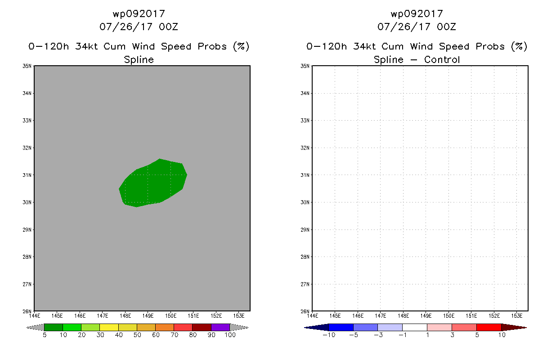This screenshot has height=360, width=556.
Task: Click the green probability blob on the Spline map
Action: coord(153,183)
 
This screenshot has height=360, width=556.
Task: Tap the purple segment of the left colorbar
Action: coord(220,327)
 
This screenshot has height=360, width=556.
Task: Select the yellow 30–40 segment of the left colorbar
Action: coord(109,327)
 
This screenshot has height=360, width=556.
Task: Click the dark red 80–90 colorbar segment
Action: coord(202,327)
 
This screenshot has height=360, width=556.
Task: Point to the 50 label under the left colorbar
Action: coord(137,335)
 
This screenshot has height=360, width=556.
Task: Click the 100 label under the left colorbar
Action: coord(230,335)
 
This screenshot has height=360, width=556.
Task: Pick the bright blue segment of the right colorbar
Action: coord(341,327)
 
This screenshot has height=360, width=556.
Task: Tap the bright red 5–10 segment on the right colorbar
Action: coord(489,327)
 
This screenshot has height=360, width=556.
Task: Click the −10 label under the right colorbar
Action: coord(329,335)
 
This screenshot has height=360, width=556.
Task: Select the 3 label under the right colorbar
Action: coord(452,335)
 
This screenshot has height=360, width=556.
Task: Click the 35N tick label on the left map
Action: coord(27,66)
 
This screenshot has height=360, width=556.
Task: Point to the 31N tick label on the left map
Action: coord(27,175)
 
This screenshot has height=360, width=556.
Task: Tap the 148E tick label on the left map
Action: coord(125,316)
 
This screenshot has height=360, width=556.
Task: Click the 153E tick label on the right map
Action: coord(517,316)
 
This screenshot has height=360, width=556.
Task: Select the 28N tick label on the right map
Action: coord(305,256)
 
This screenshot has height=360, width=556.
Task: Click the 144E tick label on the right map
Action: coord(312,316)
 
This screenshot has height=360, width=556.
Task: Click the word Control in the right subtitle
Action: coord(442,59)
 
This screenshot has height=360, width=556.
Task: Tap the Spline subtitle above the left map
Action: coord(139,60)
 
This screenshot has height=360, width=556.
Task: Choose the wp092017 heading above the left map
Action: coord(139,14)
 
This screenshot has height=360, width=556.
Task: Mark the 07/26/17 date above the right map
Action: coord(404,27)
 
